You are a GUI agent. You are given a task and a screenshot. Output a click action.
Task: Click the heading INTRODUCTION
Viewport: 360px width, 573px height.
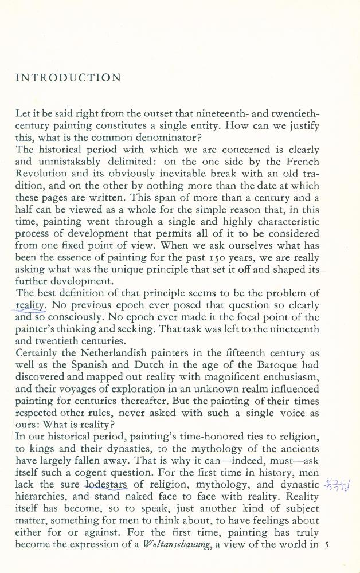coord(68,78)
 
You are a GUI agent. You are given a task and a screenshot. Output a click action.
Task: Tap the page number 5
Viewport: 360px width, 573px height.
coord(326,545)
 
